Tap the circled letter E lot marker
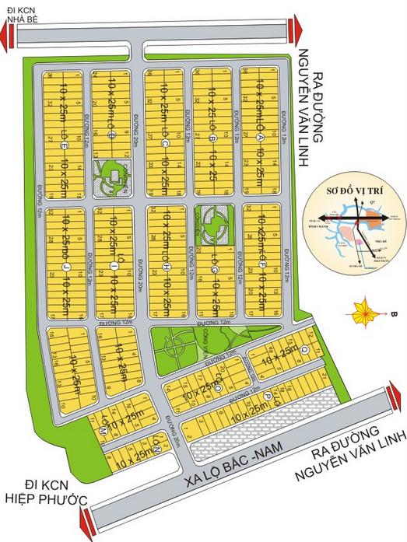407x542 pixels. [64, 145]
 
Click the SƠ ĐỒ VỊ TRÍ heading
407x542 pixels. [351, 189]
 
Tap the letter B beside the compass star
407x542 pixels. [394, 314]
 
